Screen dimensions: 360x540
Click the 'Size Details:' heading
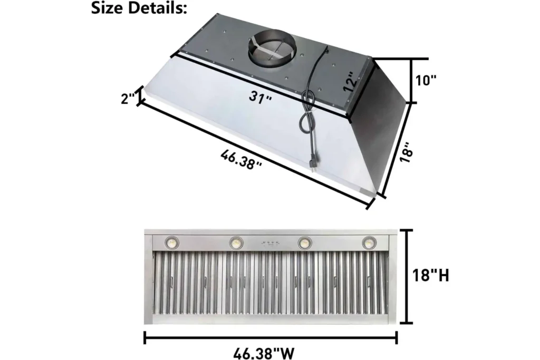(140, 8)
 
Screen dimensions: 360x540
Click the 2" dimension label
(128, 99)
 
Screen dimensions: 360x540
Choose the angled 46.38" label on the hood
(243, 158)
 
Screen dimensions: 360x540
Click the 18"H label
(430, 275)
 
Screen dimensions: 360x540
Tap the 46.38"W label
(271, 350)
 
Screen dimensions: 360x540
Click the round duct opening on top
(272, 51)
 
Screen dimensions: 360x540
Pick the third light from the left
(304, 242)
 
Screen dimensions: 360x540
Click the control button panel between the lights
(270, 244)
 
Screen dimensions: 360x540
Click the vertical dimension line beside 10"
(411, 80)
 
